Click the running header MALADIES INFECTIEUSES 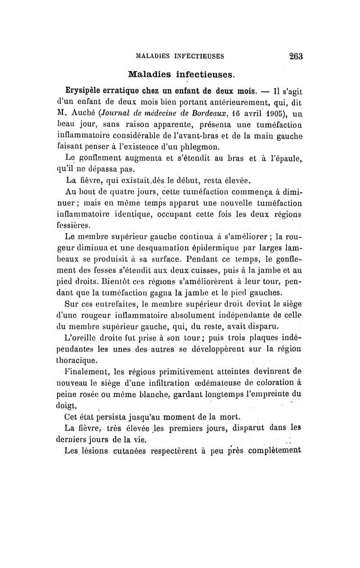180,56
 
